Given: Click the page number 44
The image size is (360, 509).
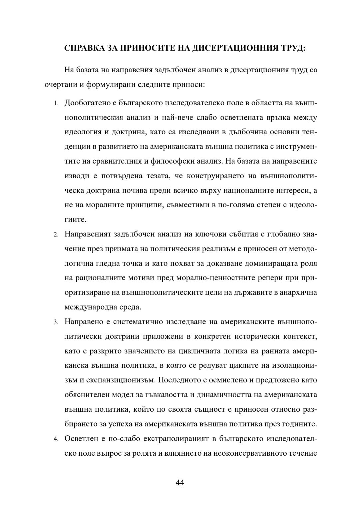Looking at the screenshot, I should click(x=180, y=482).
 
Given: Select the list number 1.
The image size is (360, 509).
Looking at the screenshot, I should click(x=57, y=103).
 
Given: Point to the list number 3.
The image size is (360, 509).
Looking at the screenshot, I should click(x=57, y=322).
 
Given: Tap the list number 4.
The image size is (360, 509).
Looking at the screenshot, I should click(x=57, y=439).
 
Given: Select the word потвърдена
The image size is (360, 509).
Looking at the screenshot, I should click(x=124, y=176).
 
